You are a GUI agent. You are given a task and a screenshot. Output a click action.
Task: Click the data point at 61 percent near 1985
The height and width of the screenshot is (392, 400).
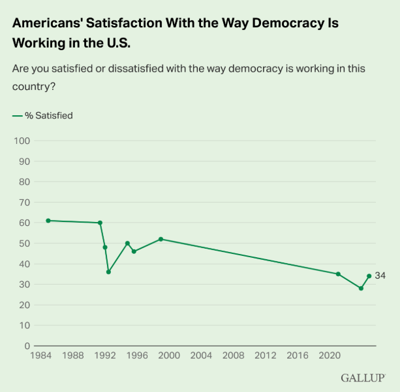48,221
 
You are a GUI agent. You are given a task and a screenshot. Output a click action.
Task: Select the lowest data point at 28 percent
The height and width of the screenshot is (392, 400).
361,288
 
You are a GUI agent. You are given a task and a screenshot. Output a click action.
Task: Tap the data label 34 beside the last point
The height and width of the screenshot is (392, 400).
380,276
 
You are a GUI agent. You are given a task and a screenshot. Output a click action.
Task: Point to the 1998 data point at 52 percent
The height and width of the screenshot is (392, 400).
161,239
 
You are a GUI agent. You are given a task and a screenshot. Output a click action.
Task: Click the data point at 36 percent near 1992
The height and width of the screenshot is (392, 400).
108,272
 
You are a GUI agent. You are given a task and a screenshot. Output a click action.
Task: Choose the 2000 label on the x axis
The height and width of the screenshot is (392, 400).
169,357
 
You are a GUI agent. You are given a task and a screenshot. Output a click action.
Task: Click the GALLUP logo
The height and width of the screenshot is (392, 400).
362,378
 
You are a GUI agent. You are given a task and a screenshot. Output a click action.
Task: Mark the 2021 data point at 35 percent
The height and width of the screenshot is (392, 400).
338,274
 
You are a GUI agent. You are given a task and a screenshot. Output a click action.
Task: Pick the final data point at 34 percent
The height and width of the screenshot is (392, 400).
369,276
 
